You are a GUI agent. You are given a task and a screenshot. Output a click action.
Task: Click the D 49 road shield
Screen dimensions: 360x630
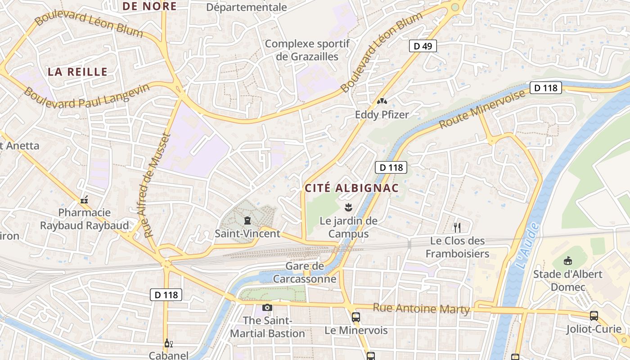click(423, 45)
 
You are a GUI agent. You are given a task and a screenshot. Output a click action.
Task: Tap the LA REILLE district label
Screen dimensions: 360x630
click(78, 72)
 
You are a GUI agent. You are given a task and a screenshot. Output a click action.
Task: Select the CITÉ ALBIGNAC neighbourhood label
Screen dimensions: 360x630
click(352, 188)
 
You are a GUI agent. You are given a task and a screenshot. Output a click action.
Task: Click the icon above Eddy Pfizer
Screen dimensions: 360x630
click(382, 102)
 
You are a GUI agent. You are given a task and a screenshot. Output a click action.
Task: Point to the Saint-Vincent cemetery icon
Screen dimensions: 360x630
click(247, 220)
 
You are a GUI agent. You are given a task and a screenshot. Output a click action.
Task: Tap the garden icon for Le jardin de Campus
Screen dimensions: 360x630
click(348, 207)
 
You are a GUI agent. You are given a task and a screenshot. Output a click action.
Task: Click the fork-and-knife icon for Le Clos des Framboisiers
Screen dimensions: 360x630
click(457, 227)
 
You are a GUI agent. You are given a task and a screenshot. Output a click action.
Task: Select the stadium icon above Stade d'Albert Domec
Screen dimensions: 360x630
click(567, 261)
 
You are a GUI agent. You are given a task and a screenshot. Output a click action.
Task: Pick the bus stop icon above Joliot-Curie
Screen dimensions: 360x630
click(594, 316)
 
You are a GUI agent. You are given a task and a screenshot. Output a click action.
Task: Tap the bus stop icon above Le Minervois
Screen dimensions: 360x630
click(356, 317)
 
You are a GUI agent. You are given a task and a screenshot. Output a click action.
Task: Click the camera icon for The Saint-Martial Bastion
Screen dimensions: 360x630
click(267, 307)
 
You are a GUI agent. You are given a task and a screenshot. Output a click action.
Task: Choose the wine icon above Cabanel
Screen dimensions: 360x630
click(168, 343)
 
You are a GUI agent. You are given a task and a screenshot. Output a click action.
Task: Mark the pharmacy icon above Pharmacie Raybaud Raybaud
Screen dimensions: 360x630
click(84, 200)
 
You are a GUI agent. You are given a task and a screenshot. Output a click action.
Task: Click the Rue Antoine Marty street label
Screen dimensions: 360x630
click(421, 309)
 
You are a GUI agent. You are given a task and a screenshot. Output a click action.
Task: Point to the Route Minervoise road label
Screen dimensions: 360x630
click(482, 109)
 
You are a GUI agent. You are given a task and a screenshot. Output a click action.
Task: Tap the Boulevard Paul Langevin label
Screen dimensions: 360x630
click(86, 96)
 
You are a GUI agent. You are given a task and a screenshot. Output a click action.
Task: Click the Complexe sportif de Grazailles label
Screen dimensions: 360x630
click(307, 50)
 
